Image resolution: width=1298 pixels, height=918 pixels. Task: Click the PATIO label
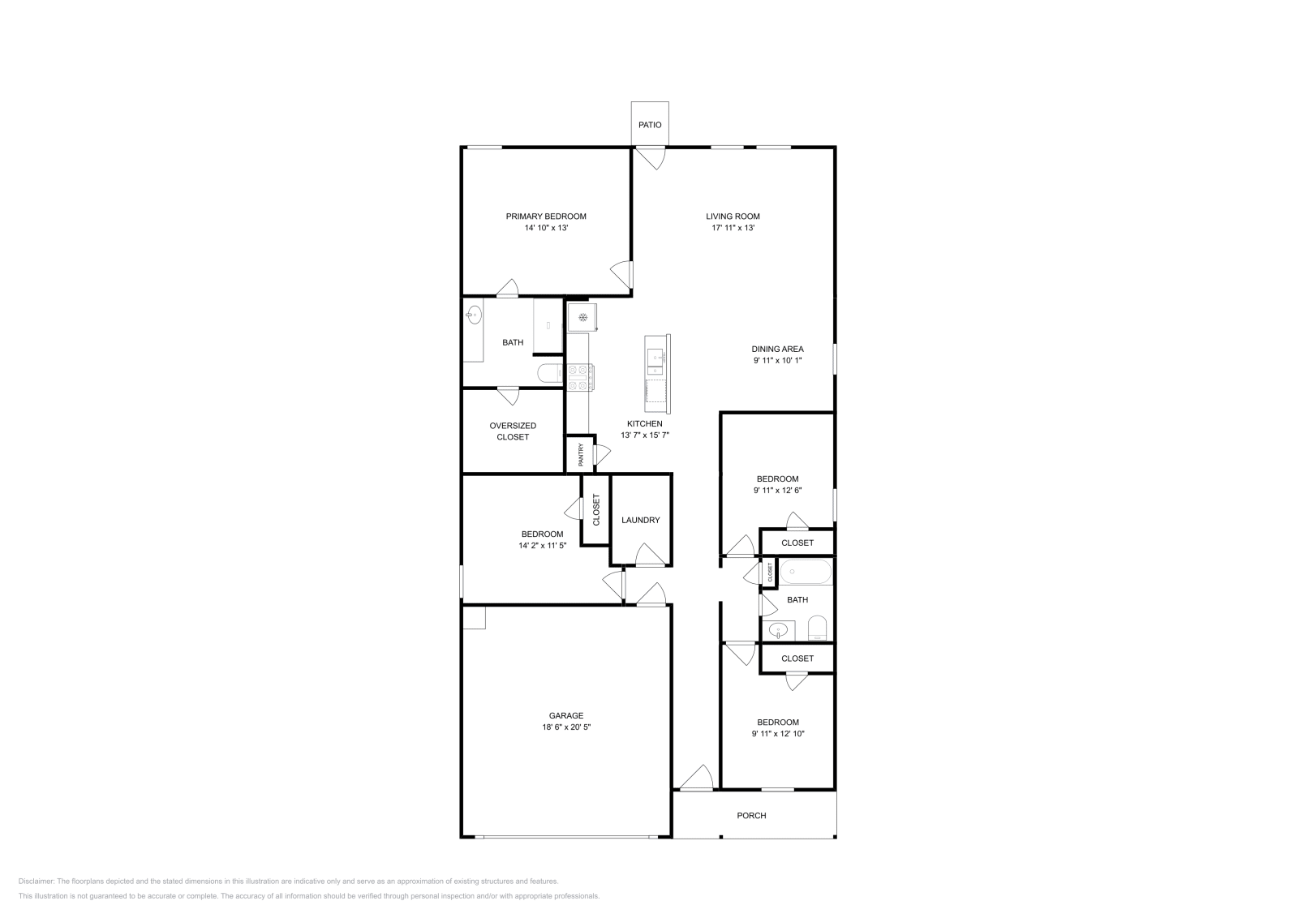pyautogui.click(x=650, y=125)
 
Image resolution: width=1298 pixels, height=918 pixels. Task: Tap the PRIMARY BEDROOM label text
pyautogui.click(x=546, y=217)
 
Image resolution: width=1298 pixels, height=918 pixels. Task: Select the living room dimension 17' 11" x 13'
pyautogui.click(x=733, y=228)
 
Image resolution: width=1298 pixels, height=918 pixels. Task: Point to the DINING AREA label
pyautogui.click(x=778, y=350)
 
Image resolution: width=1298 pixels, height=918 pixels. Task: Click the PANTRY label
pyautogui.click(x=581, y=455)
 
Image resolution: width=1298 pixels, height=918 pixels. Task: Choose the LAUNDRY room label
pyautogui.click(x=640, y=520)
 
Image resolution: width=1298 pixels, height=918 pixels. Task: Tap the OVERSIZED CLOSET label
pyautogui.click(x=513, y=431)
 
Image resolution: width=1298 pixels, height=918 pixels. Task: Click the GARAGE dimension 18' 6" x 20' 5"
pyautogui.click(x=566, y=727)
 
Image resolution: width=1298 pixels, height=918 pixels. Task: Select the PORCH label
pyautogui.click(x=751, y=816)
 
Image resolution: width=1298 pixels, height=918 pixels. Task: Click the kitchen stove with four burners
pyautogui.click(x=580, y=377)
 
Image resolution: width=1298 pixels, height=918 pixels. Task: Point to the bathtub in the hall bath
pyautogui.click(x=806, y=572)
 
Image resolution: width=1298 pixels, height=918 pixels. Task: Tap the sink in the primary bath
pyautogui.click(x=474, y=315)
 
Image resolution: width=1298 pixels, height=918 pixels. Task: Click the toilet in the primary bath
pyautogui.click(x=551, y=373)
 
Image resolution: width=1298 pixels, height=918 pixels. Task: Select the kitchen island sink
pyautogui.click(x=655, y=362)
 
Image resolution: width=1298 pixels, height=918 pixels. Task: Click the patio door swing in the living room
pyautogui.click(x=650, y=158)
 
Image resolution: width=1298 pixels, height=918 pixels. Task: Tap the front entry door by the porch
pyautogui.click(x=695, y=778)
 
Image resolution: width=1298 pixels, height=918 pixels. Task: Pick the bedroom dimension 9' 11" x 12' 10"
pyautogui.click(x=778, y=734)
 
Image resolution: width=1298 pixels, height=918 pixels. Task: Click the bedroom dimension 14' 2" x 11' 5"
pyautogui.click(x=542, y=546)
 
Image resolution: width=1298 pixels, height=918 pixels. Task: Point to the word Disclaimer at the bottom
pyautogui.click(x=36, y=882)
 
